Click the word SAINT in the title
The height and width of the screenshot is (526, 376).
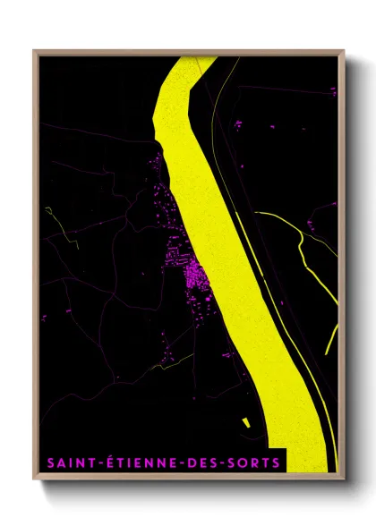(x=65, y=462)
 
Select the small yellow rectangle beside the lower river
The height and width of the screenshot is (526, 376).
(x=246, y=420)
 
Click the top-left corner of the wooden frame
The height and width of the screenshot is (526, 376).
(x=35, y=51)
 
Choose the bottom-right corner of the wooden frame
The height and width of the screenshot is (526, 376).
(x=343, y=477)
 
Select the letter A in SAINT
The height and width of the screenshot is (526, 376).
(x=58, y=462)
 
